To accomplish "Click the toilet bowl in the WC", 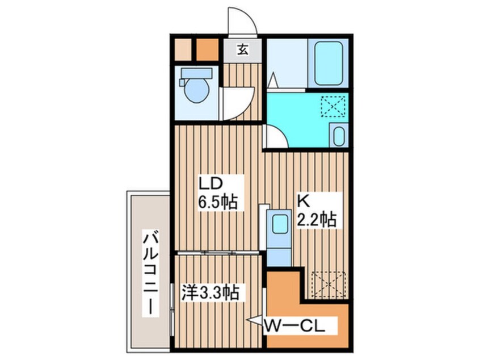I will click(197, 90).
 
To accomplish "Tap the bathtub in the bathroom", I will click(328, 62).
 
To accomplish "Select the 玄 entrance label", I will click(242, 49).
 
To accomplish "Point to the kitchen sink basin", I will click(280, 224).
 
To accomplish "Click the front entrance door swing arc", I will click(243, 22).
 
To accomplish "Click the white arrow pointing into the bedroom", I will click(254, 320).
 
